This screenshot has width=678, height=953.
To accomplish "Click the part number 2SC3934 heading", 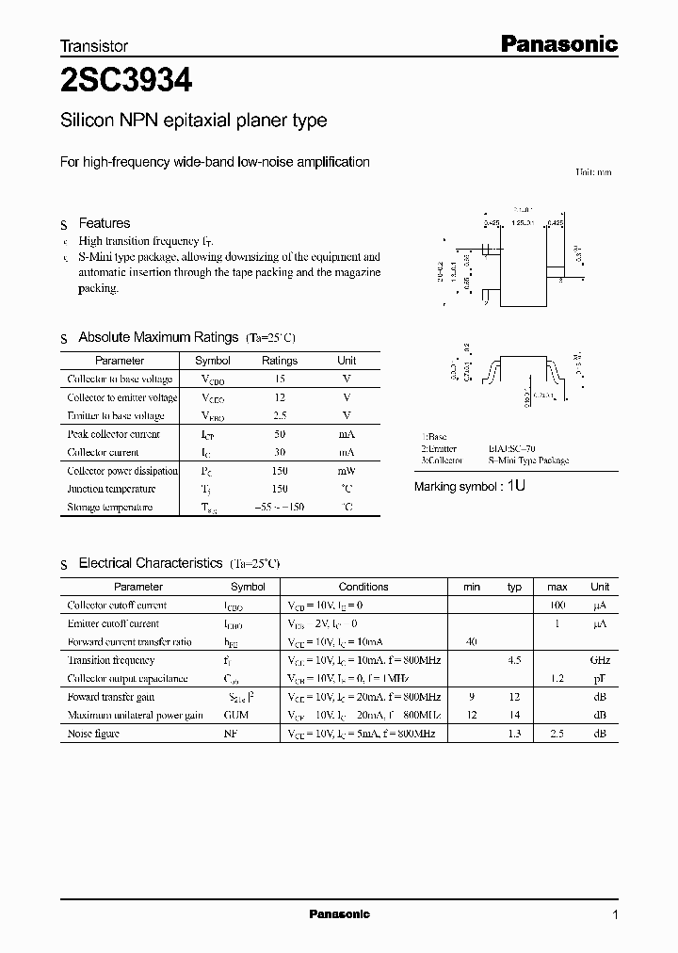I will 126,82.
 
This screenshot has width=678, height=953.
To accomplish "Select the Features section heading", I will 104,223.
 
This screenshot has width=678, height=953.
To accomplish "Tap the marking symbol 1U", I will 516,487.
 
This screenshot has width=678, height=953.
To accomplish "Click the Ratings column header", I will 279,361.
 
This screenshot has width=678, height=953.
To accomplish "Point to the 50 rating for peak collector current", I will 279,434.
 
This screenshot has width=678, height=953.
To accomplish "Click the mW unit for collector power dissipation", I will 347,471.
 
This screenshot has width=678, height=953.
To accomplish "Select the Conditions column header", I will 363,587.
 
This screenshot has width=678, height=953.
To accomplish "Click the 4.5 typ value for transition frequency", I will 514,661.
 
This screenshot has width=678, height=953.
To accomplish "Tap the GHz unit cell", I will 600,661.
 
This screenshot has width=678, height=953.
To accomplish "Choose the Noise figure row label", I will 93,734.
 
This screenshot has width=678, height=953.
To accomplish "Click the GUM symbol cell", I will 235,716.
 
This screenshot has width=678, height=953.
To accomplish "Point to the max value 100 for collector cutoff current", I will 557,606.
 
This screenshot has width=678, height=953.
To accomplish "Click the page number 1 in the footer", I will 615,915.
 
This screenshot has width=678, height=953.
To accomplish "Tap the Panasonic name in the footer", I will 339,914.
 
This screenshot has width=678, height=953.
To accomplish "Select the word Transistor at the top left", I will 94,45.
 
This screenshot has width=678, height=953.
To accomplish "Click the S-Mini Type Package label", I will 528,460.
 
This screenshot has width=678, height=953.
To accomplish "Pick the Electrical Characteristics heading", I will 150,563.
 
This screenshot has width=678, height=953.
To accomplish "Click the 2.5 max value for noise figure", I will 557,734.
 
